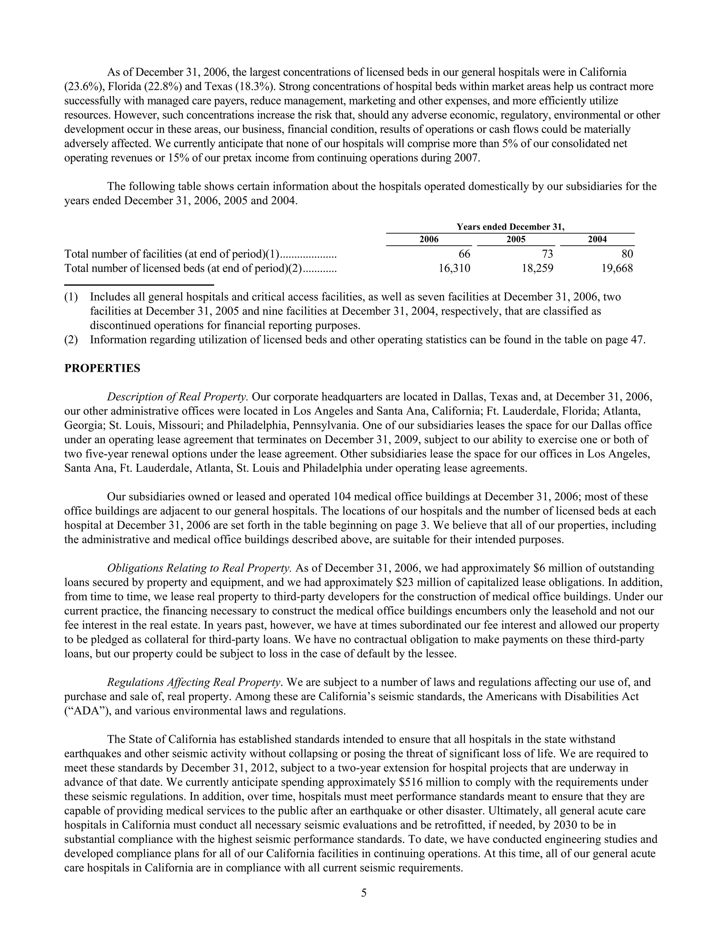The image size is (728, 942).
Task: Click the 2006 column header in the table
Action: (429, 239)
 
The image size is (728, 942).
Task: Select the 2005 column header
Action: (516, 239)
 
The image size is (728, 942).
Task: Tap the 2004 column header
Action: (597, 239)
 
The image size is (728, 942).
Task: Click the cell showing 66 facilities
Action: (464, 254)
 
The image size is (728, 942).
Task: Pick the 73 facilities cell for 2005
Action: (547, 254)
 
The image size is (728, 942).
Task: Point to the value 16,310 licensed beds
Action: (454, 268)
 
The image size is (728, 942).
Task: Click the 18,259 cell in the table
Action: (537, 268)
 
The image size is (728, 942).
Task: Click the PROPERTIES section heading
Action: (102, 368)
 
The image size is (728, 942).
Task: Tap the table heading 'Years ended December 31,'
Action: (510, 227)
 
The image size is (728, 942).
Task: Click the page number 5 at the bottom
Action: (364, 893)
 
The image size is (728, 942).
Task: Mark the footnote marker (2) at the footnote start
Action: (71, 340)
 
